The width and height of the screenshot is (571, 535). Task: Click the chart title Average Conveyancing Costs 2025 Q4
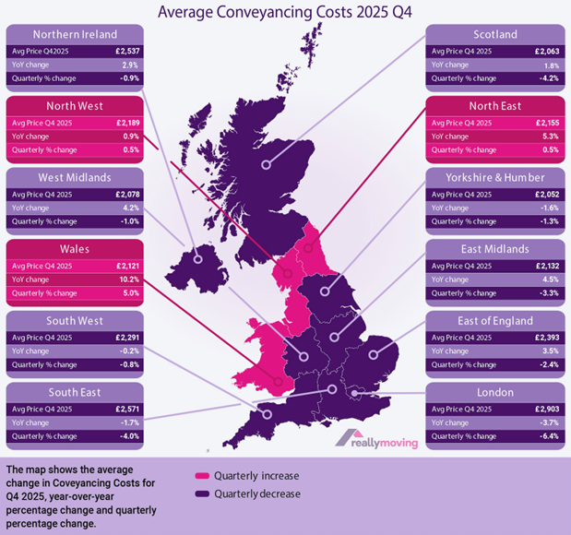(x=285, y=12)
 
